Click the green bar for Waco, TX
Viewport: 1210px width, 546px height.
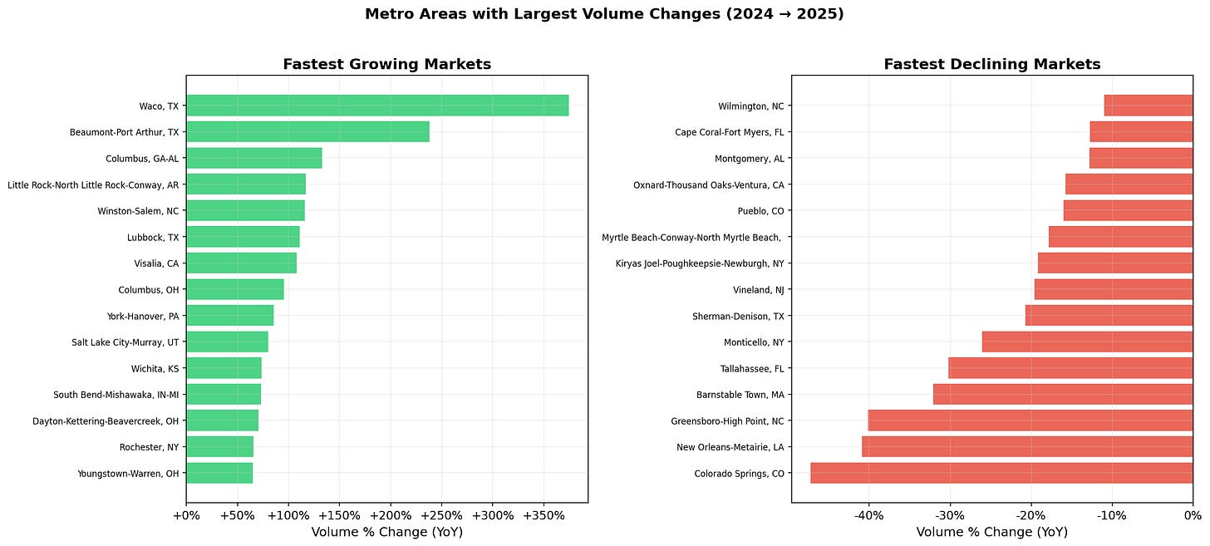click(377, 106)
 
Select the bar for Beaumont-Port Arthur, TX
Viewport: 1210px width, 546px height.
click(307, 131)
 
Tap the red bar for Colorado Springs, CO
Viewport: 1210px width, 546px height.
click(1001, 474)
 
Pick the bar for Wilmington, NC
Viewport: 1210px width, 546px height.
click(1149, 106)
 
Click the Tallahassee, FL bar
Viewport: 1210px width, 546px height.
click(1070, 368)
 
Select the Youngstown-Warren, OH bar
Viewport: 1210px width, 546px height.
click(219, 474)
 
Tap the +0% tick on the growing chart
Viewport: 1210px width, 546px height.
click(186, 516)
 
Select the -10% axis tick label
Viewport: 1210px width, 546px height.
click(1112, 516)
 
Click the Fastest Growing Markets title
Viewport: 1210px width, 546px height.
click(386, 64)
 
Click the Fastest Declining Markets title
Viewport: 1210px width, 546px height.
click(991, 64)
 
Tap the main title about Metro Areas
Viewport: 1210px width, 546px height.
click(604, 14)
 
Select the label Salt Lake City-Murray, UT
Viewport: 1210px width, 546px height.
click(125, 342)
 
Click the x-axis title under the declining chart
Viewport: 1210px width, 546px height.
click(991, 532)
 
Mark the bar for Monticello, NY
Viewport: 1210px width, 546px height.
click(1087, 342)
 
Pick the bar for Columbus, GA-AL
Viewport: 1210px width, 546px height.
click(253, 158)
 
